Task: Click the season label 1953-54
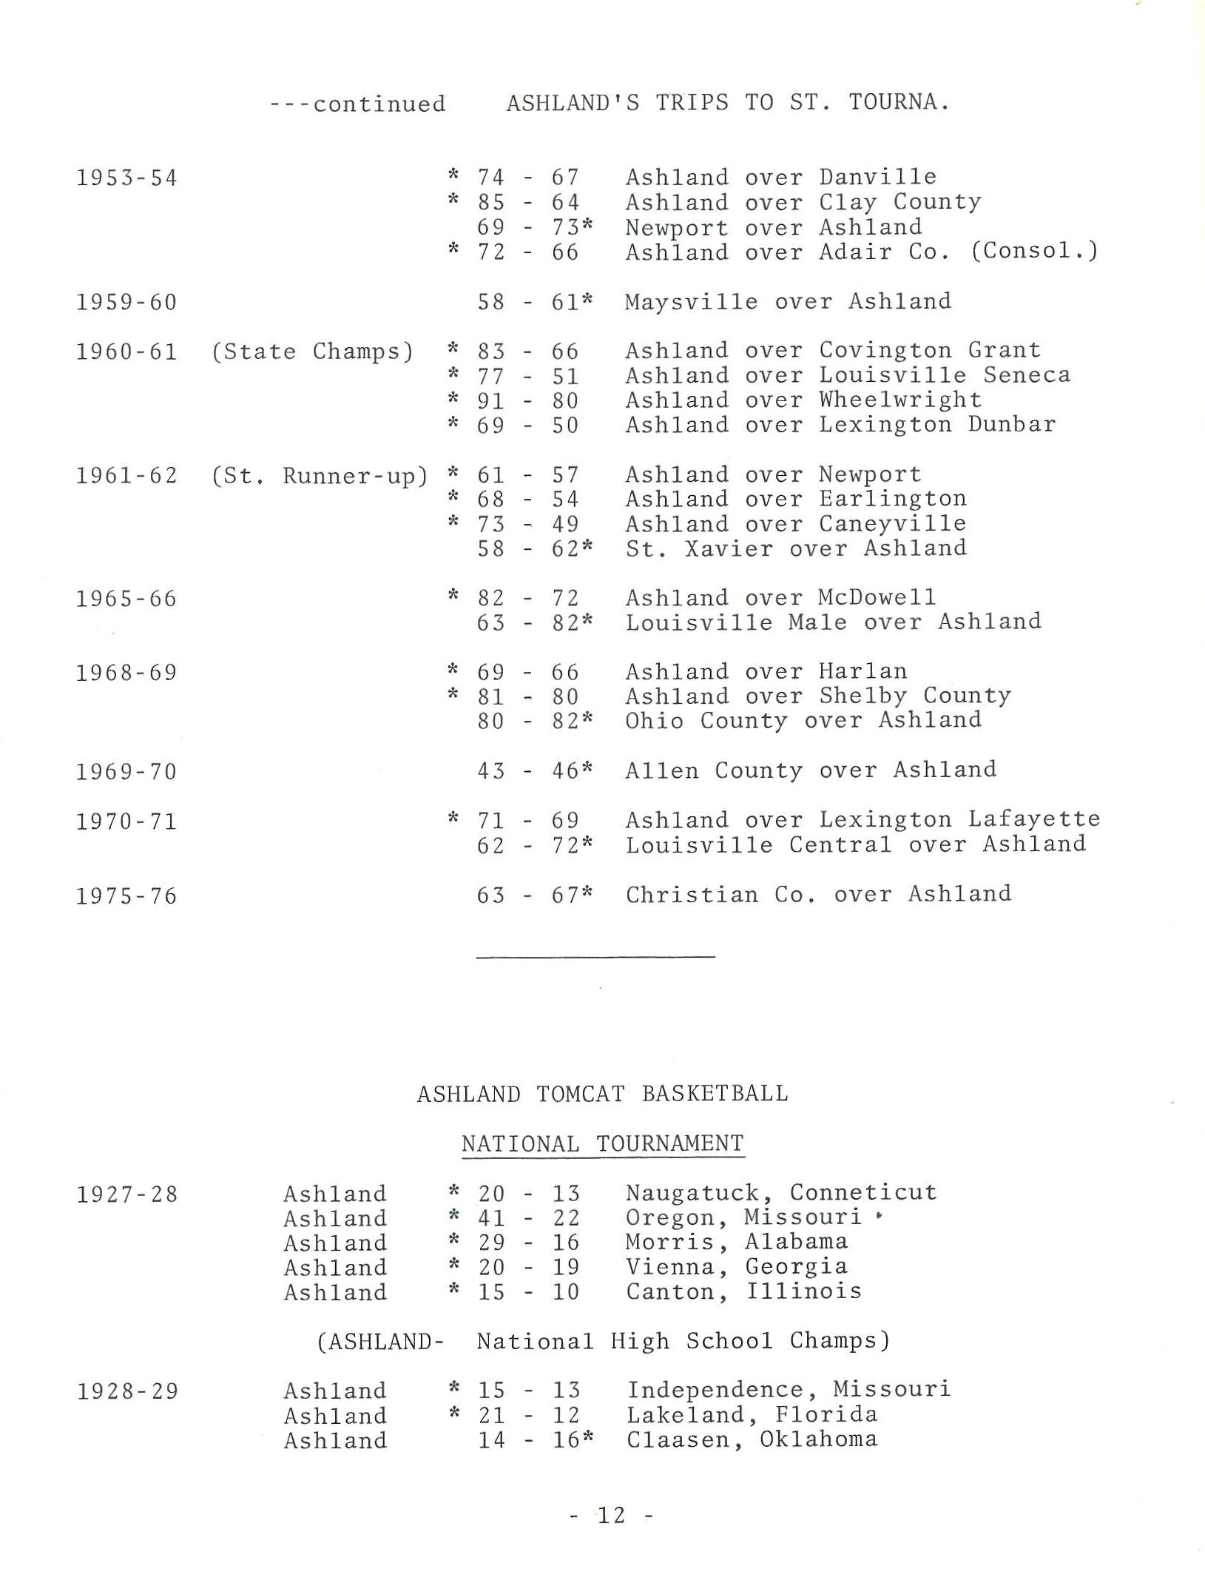click(126, 178)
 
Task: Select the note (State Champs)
click(311, 351)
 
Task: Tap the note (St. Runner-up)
click(319, 475)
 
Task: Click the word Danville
click(877, 177)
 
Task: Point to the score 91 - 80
click(527, 400)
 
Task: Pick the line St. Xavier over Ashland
click(796, 548)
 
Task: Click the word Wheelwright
click(900, 400)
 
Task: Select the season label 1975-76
click(126, 896)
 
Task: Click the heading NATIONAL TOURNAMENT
click(602, 1144)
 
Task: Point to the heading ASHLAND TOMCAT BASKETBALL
click(602, 1094)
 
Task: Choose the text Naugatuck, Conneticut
click(781, 1193)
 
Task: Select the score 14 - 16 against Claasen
click(529, 1440)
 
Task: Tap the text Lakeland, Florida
click(752, 1415)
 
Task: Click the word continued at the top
click(379, 104)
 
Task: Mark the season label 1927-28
click(127, 1194)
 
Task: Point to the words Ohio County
click(706, 721)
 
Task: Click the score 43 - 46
click(527, 771)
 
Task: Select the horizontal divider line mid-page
click(595, 958)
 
